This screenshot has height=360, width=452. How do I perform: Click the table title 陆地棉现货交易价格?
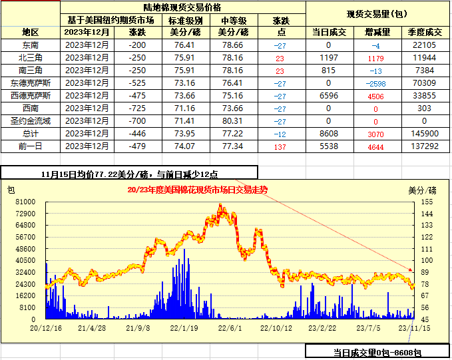pyautogui.click(x=186, y=7)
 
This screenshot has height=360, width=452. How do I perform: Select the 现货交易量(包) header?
pyautogui.click(x=377, y=13)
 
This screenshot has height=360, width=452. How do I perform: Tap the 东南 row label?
pyautogui.click(x=30, y=45)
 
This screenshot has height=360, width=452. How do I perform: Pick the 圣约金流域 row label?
pyautogui.click(x=30, y=120)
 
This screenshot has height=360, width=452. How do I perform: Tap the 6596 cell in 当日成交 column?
pyautogui.click(x=329, y=95)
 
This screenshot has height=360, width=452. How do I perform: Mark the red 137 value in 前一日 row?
pyautogui.click(x=280, y=146)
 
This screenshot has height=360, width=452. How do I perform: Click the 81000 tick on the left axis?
pyautogui.click(x=26, y=201)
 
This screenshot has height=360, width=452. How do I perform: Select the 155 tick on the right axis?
pyautogui.click(x=426, y=201)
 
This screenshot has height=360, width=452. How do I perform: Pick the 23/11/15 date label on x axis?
pyautogui.click(x=412, y=327)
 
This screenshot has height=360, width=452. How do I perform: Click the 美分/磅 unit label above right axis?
pyautogui.click(x=421, y=190)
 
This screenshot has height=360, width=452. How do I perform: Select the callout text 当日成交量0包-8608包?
pyautogui.click(x=377, y=353)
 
